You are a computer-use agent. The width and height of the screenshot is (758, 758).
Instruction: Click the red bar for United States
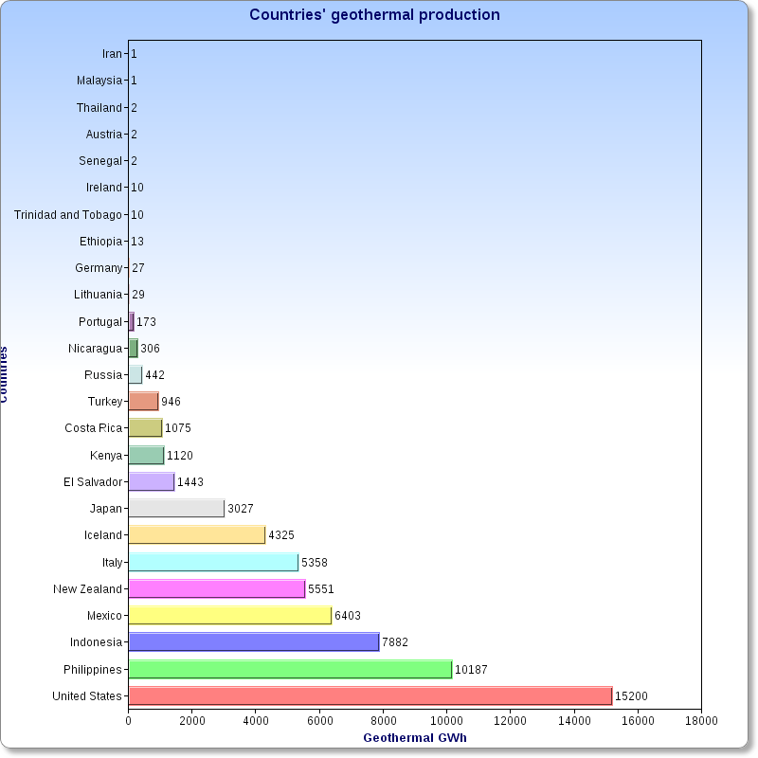pyautogui.click(x=370, y=696)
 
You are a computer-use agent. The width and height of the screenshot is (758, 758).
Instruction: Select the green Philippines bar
pyautogui.click(x=290, y=670)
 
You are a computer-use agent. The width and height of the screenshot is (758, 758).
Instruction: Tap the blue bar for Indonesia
pyautogui.click(x=253, y=642)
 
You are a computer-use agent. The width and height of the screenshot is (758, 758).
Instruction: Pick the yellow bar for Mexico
pyautogui.click(x=229, y=616)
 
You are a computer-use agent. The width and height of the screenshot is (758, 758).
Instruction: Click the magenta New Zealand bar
pyautogui.click(x=216, y=589)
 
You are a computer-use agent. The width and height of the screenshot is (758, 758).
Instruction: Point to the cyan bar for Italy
pyautogui.click(x=213, y=563)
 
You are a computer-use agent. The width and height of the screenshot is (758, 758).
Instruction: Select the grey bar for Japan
pyautogui.click(x=176, y=509)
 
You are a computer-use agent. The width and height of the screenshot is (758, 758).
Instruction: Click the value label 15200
pyautogui.click(x=631, y=696)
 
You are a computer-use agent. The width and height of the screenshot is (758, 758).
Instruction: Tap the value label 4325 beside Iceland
pyautogui.click(x=281, y=535)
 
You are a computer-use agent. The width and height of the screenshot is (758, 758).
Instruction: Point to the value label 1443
pyautogui.click(x=190, y=482)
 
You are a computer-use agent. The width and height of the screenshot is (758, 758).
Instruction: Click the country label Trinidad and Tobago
pyautogui.click(x=68, y=215)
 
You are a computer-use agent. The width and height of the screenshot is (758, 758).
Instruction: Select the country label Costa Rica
pyautogui.click(x=94, y=428)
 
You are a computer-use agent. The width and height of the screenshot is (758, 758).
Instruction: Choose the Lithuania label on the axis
pyautogui.click(x=99, y=295)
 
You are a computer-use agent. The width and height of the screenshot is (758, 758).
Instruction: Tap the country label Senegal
pyautogui.click(x=100, y=161)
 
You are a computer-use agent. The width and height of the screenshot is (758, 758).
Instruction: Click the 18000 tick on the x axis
pyautogui.click(x=701, y=721)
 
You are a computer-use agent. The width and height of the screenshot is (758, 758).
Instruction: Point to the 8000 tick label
pyautogui.click(x=383, y=721)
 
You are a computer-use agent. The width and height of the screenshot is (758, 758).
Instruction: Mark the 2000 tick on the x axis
pyautogui.click(x=191, y=721)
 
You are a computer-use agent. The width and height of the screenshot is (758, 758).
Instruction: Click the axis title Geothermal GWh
pyautogui.click(x=415, y=738)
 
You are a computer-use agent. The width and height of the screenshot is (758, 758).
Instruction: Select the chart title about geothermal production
pyautogui.click(x=374, y=15)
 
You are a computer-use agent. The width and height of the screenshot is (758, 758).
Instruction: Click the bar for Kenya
pyautogui.click(x=146, y=456)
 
